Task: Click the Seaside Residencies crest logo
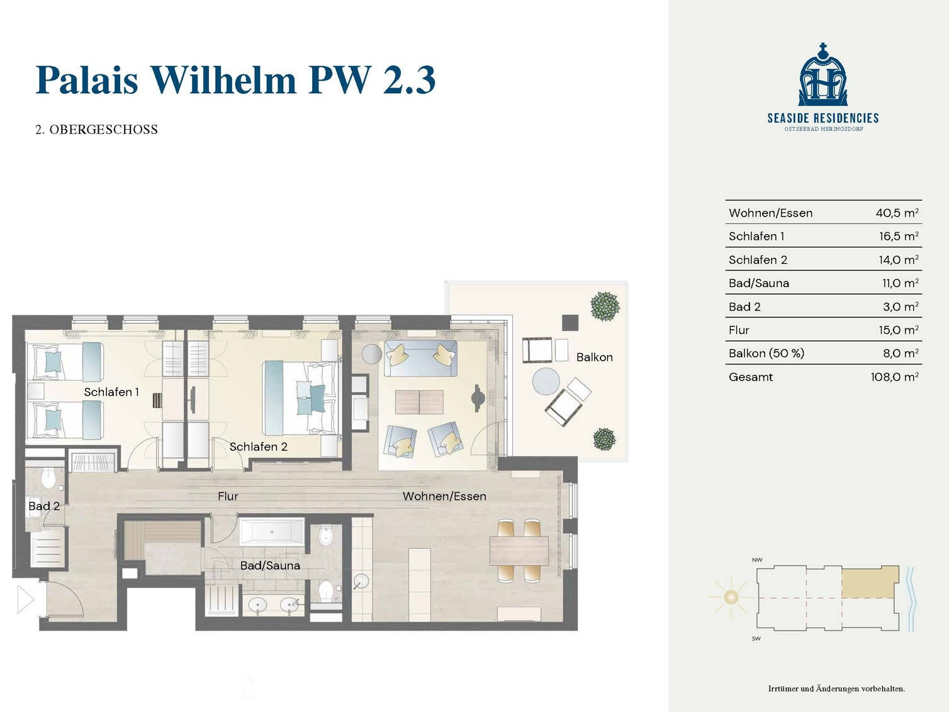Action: (823, 74)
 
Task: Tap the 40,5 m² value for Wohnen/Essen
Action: (897, 213)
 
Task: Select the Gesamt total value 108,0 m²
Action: (894, 377)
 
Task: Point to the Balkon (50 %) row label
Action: (766, 353)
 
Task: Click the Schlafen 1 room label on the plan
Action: (111, 392)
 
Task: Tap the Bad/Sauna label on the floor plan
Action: (270, 565)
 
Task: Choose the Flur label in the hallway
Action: (228, 496)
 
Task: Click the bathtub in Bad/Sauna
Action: (272, 532)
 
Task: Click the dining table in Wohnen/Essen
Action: (519, 551)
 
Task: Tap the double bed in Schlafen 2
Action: (300, 398)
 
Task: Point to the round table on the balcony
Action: (546, 381)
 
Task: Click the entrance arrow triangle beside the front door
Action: (26, 599)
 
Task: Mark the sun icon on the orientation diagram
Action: (731, 597)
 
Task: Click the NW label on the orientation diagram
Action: (757, 560)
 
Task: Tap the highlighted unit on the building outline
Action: (870, 582)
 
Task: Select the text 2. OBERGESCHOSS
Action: (96, 129)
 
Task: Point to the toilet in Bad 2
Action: (48, 477)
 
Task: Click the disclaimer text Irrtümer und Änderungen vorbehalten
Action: (836, 689)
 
